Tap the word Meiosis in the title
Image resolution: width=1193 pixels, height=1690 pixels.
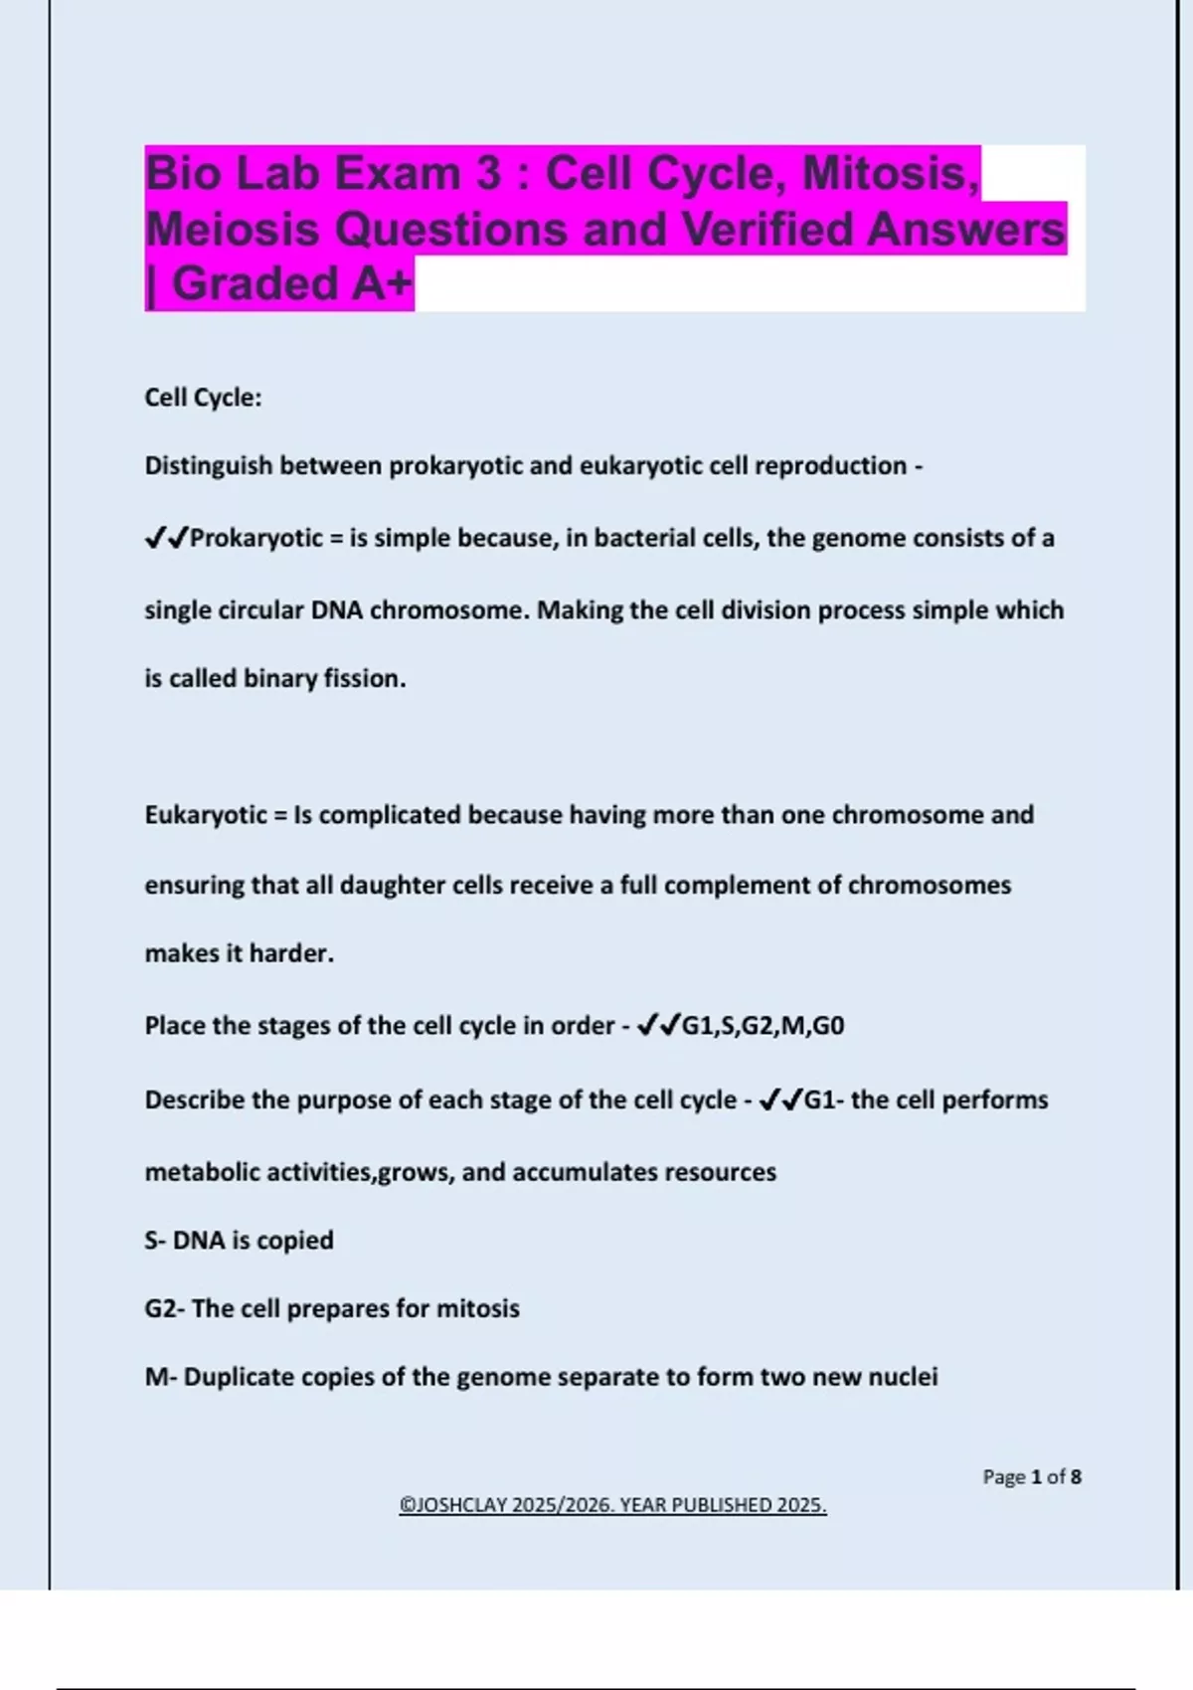[x=234, y=229]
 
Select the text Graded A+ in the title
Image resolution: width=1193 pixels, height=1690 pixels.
[x=291, y=283]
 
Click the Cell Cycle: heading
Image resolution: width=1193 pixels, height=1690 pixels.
[x=203, y=398]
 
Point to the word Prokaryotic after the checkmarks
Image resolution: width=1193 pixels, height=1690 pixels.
[x=256, y=538]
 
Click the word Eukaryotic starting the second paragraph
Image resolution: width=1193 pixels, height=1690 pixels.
[x=206, y=815]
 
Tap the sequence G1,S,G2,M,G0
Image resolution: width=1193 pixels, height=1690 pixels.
[x=763, y=1025]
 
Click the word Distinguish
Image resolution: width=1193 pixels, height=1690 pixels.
[x=208, y=465]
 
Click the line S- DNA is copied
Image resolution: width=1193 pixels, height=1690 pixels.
[x=239, y=1240]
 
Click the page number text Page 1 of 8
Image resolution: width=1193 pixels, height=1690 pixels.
[x=1031, y=1476]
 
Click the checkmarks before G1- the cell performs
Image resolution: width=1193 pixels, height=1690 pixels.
[x=780, y=1100]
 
